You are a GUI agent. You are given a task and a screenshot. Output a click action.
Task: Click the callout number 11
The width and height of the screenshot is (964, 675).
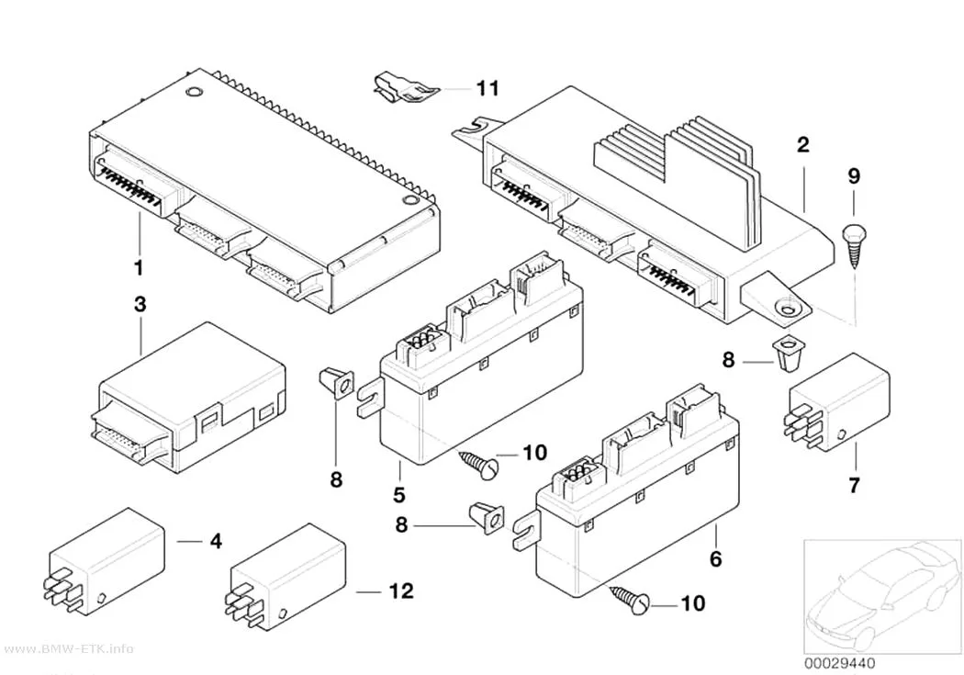pyautogui.click(x=488, y=88)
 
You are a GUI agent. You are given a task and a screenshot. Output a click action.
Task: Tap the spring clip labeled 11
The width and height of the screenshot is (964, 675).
pyautogui.click(x=406, y=88)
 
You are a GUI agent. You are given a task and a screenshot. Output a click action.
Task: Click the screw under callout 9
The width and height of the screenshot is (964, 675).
pyautogui.click(x=853, y=246)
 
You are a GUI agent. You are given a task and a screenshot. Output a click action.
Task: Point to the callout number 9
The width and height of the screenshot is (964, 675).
pyautogui.click(x=854, y=176)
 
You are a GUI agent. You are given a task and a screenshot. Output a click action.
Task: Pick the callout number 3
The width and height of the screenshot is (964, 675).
pyautogui.click(x=140, y=304)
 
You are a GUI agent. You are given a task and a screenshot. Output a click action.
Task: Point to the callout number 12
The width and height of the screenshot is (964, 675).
pyautogui.click(x=401, y=591)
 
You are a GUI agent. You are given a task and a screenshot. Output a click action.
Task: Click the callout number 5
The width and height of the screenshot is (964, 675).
pyautogui.click(x=399, y=494)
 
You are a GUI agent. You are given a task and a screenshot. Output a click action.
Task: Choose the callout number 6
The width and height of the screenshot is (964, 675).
pyautogui.click(x=715, y=558)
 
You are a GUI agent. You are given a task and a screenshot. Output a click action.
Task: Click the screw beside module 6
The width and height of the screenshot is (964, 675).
pyautogui.click(x=630, y=600)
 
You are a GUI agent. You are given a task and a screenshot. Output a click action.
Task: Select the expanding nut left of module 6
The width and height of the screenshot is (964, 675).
pyautogui.click(x=487, y=518)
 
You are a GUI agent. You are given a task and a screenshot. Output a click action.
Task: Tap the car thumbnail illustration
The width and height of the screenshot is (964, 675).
pyautogui.click(x=882, y=597)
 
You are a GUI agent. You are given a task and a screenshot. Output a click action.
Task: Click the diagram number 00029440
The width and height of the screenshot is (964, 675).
pyautogui.click(x=839, y=663)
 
